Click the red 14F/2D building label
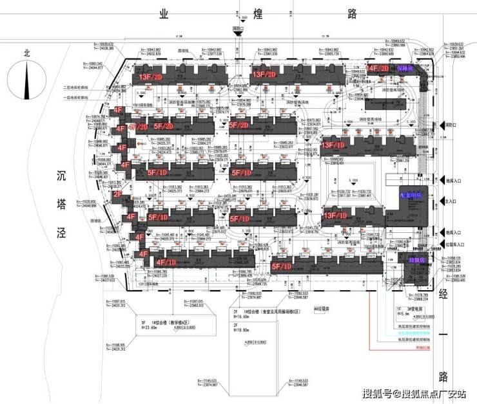[378, 68]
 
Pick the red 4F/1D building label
[161, 262]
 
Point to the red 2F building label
[119, 194]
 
